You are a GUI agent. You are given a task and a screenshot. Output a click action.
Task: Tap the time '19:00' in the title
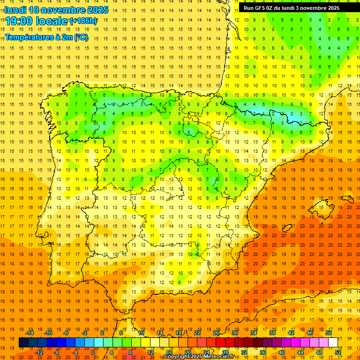coord(20,21)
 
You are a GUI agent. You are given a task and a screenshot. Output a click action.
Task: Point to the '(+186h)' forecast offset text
coord(83,21)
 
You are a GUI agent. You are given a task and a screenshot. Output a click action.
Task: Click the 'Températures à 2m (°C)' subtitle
coord(46,37)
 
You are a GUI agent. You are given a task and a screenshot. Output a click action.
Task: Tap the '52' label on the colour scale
coord(338,352)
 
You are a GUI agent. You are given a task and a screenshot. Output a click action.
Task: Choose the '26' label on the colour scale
coord(216,333)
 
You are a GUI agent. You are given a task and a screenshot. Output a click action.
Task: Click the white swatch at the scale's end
coord(333,342)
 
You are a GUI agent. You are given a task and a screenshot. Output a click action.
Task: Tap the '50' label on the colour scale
coord(329,333)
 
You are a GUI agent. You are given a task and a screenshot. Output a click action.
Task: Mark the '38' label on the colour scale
coord(272,333)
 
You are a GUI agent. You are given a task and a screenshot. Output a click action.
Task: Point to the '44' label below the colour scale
coord(300,352)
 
